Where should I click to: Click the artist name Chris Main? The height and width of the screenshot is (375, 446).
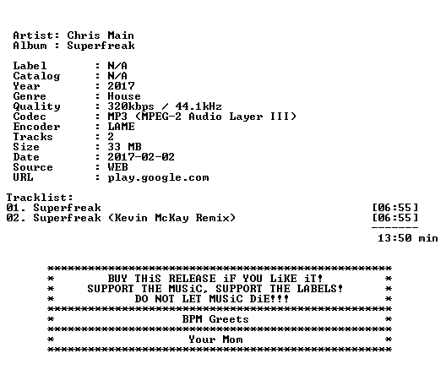coord(101,35)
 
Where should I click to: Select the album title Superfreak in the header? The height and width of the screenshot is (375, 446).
coord(101,46)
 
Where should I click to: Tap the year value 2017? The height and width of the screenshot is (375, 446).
coord(121,86)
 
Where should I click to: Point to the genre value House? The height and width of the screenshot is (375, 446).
coord(124,96)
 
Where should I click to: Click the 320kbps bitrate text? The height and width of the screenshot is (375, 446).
coord(131,106)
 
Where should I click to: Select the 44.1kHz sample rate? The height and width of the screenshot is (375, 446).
coord(199,106)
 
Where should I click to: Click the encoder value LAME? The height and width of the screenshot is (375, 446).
coord(121,127)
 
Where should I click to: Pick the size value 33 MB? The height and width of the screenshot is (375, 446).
coord(124,147)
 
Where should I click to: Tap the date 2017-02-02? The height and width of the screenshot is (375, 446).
coord(141,157)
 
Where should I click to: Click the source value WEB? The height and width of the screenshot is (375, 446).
coord(117,167)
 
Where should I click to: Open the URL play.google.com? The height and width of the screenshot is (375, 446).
coord(158,178)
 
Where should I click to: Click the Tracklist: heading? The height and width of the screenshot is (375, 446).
coord(40,198)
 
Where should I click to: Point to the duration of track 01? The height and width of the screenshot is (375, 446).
coord(395,208)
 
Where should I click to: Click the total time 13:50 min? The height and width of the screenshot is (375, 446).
coord(408,238)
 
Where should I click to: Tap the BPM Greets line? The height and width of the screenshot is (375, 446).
coord(215,319)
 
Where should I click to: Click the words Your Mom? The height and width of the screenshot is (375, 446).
coord(215,340)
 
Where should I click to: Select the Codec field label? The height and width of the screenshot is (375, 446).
coord(30,117)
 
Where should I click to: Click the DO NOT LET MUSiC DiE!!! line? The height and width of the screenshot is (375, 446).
coord(212,299)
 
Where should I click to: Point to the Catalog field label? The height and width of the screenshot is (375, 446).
coord(36,76)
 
